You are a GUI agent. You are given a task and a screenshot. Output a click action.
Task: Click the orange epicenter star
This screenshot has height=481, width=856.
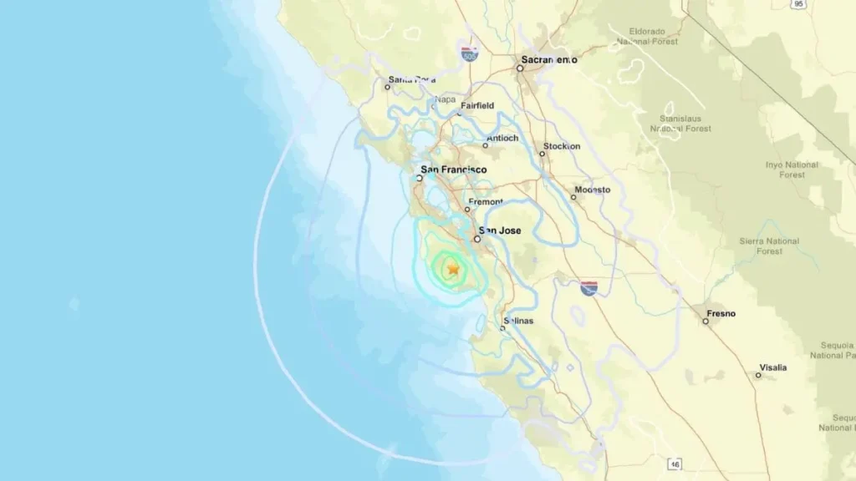click(453, 269)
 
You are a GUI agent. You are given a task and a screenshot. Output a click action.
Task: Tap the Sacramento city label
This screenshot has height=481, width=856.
click(549, 59)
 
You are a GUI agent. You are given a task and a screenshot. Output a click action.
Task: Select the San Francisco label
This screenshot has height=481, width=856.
click(453, 170)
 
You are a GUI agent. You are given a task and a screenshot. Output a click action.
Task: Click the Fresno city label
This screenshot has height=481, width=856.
click(721, 313)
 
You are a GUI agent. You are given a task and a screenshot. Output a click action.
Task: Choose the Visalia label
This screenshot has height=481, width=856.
click(772, 367)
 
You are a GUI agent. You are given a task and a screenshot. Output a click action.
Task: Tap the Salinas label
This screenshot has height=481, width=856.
click(518, 321)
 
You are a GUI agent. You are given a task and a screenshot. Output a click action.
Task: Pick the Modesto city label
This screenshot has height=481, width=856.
click(592, 190)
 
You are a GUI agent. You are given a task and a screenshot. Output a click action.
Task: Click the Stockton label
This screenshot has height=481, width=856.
click(561, 146)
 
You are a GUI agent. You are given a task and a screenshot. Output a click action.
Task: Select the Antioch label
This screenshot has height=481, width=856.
click(502, 138)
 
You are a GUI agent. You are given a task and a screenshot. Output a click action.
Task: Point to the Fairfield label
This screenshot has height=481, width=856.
click(477, 106)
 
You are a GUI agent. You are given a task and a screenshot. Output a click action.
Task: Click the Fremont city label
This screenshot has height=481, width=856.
click(486, 202)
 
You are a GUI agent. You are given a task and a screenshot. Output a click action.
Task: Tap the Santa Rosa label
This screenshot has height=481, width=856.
click(412, 79)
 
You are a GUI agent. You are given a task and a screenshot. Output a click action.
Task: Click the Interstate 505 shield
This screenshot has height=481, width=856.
click(469, 54)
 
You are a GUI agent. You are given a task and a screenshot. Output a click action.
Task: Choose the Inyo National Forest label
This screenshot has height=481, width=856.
click(786, 170)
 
